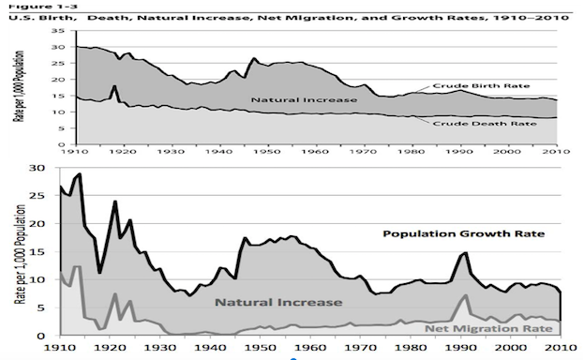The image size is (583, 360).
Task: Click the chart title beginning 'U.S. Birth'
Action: [264, 17]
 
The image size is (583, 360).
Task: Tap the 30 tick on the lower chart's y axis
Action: [41, 168]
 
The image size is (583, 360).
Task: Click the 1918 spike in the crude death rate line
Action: [113, 86]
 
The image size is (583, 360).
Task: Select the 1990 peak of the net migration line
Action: [465, 295]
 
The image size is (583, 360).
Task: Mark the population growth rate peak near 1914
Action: [80, 174]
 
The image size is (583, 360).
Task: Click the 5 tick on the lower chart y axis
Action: [45, 307]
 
